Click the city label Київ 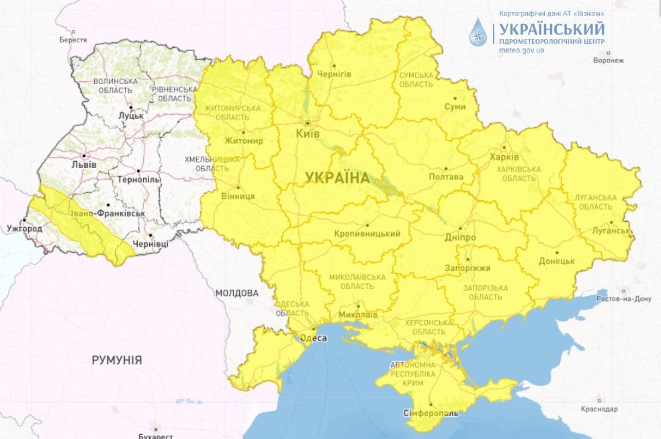[x=308, y=134]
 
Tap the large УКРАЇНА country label [x=337, y=178]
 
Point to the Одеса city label [x=313, y=338]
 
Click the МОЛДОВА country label [x=236, y=293]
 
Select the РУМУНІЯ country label [x=117, y=360]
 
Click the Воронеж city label [x=609, y=60]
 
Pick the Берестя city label [x=73, y=40]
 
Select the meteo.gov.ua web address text [x=521, y=50]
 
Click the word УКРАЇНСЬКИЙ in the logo [x=549, y=29]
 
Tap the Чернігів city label [x=334, y=73]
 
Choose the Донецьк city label [x=556, y=261]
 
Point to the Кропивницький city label [x=367, y=234]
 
